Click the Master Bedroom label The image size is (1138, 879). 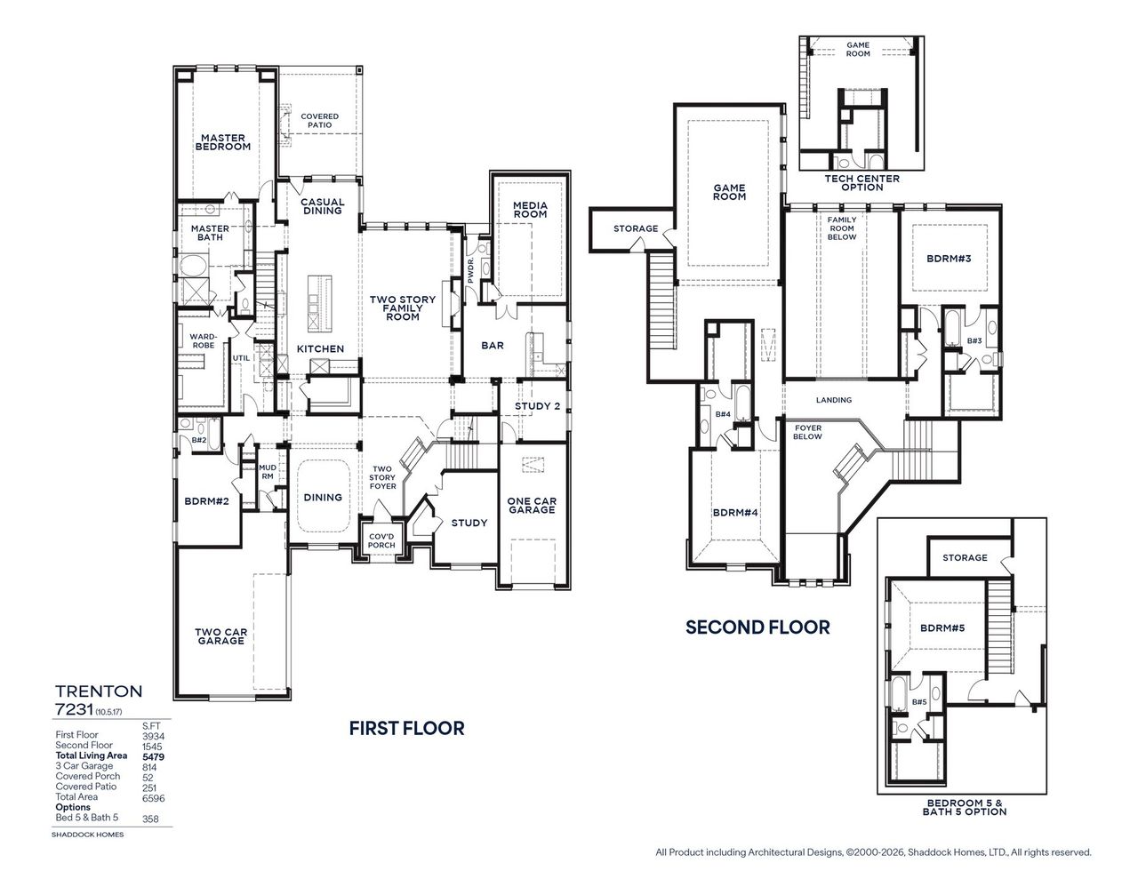pyautogui.click(x=224, y=142)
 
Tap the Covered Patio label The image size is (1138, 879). pyautogui.click(x=319, y=121)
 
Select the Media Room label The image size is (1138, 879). pyautogui.click(x=530, y=210)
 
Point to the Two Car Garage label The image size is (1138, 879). pyautogui.click(x=220, y=635)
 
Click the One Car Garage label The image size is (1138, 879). pyautogui.click(x=532, y=506)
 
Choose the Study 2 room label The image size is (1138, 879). pyautogui.click(x=538, y=407)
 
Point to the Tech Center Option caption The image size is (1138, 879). pyautogui.click(x=862, y=183)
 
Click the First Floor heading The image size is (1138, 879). pyautogui.click(x=406, y=729)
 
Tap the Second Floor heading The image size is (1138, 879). pyautogui.click(x=757, y=627)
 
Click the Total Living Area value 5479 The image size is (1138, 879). pyautogui.click(x=152, y=755)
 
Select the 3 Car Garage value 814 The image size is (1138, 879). pyautogui.click(x=149, y=766)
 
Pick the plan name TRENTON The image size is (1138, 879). pyautogui.click(x=99, y=691)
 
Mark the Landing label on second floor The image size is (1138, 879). pyautogui.click(x=833, y=400)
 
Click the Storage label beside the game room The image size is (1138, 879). pyautogui.click(x=635, y=228)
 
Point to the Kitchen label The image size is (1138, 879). pyautogui.click(x=320, y=349)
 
